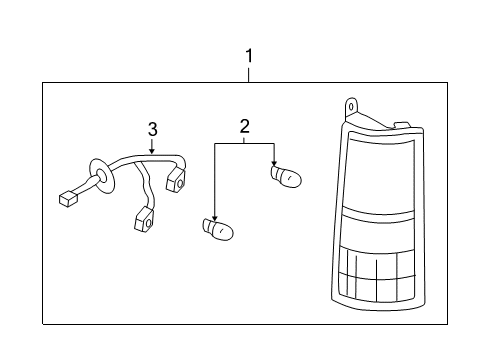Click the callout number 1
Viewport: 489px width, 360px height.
coord(249,56)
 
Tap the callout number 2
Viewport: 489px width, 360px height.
coord(244,126)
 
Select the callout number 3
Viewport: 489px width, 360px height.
coord(152,129)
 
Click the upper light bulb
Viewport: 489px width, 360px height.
coord(286,176)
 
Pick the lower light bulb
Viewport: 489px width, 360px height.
coord(218,229)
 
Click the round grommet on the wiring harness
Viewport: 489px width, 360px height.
coord(101,175)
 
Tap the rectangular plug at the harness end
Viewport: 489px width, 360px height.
coord(68,199)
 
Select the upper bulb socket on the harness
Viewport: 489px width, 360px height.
coord(176,180)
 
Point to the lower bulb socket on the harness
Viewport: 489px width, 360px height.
coord(145,220)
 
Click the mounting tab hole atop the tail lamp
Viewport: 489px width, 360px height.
coord(351,107)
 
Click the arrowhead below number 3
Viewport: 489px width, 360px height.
coord(152,152)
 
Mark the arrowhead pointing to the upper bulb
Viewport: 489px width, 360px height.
coord(274,163)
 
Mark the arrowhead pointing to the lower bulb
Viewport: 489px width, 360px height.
coord(215,217)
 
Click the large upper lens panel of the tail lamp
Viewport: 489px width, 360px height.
coord(379,174)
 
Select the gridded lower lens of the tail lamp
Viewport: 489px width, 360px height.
coord(377,274)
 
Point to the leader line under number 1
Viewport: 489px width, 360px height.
coord(248,75)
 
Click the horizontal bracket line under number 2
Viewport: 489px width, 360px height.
coord(244,144)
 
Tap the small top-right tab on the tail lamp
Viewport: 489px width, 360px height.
coord(402,125)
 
